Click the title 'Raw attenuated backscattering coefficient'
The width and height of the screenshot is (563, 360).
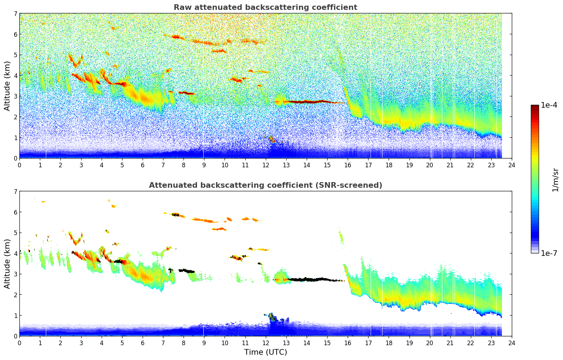(x=265, y=7)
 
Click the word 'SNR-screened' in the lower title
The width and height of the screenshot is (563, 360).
(x=353, y=185)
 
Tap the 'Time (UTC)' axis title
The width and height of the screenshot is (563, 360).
(x=265, y=352)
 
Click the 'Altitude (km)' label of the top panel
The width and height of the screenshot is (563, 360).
(x=7, y=86)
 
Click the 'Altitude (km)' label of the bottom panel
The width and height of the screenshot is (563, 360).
(x=7, y=264)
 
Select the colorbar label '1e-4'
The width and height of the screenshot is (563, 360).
(x=549, y=105)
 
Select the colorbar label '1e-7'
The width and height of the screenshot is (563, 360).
(x=549, y=253)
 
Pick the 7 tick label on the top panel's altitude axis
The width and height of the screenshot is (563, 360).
(x=15, y=14)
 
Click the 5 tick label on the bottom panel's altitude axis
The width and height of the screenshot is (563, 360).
(x=15, y=233)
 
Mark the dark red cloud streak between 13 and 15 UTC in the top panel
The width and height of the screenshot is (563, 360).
(x=307, y=102)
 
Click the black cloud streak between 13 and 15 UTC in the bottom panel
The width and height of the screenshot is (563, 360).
(x=307, y=280)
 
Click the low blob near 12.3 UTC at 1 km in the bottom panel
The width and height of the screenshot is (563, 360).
(x=272, y=317)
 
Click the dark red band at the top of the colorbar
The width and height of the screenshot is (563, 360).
(x=534, y=107)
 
